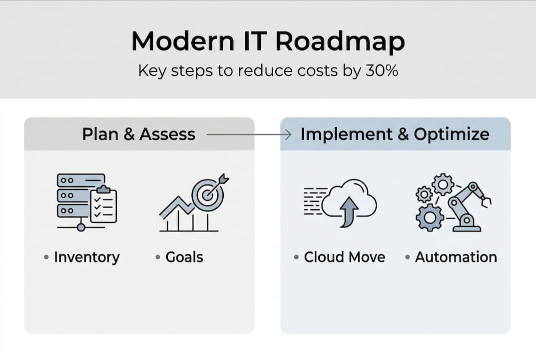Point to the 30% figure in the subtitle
point(381,70)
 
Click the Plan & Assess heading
point(138,134)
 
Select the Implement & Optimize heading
point(395,134)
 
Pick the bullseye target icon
point(207,194)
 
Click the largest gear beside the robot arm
point(430,217)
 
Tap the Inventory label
point(86,257)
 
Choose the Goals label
point(184,257)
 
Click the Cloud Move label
point(344,257)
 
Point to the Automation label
point(456,257)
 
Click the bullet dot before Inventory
point(46,257)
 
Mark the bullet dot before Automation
point(408,257)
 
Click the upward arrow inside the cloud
point(349,210)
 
